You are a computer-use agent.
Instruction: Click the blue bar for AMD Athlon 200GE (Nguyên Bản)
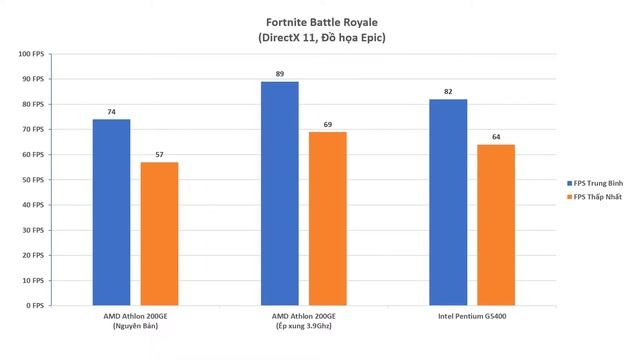pos(111,212)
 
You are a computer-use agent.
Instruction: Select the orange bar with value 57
pos(159,233)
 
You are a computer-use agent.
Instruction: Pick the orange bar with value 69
pos(327,218)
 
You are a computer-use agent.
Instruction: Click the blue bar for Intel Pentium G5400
pos(448,202)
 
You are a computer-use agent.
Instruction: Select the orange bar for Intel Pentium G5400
pos(496,225)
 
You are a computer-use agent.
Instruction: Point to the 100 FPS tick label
pos(30,54)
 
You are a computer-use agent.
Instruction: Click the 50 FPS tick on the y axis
pos(32,180)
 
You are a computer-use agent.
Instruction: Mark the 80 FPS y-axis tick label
pos(32,104)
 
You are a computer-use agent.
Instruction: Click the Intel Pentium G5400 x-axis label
pos(471,316)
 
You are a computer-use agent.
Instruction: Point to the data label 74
pos(111,112)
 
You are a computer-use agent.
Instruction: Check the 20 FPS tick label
pos(32,255)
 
